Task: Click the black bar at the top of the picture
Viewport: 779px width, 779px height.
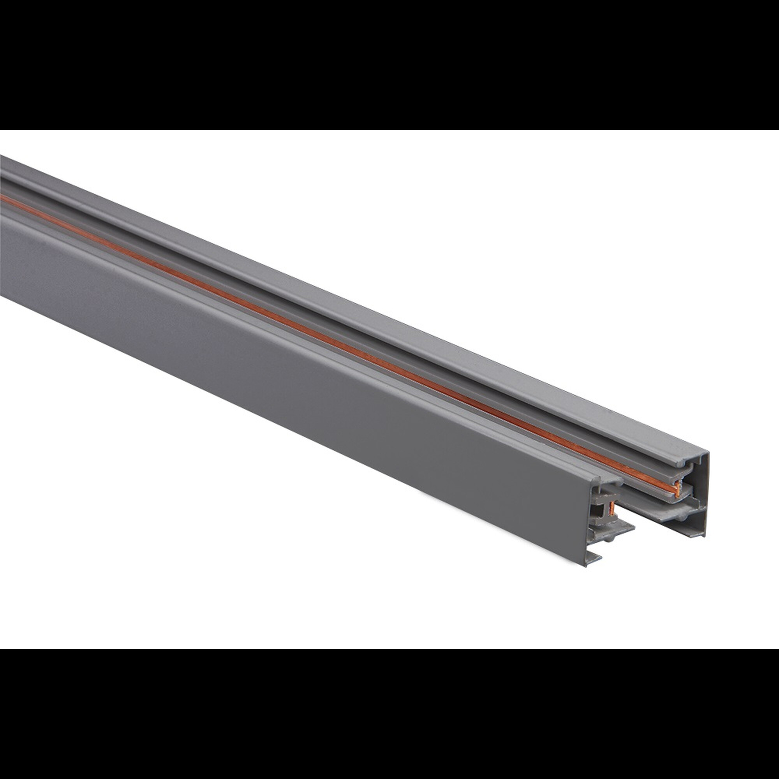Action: click(389, 65)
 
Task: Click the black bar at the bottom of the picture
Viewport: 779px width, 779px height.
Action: click(389, 714)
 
